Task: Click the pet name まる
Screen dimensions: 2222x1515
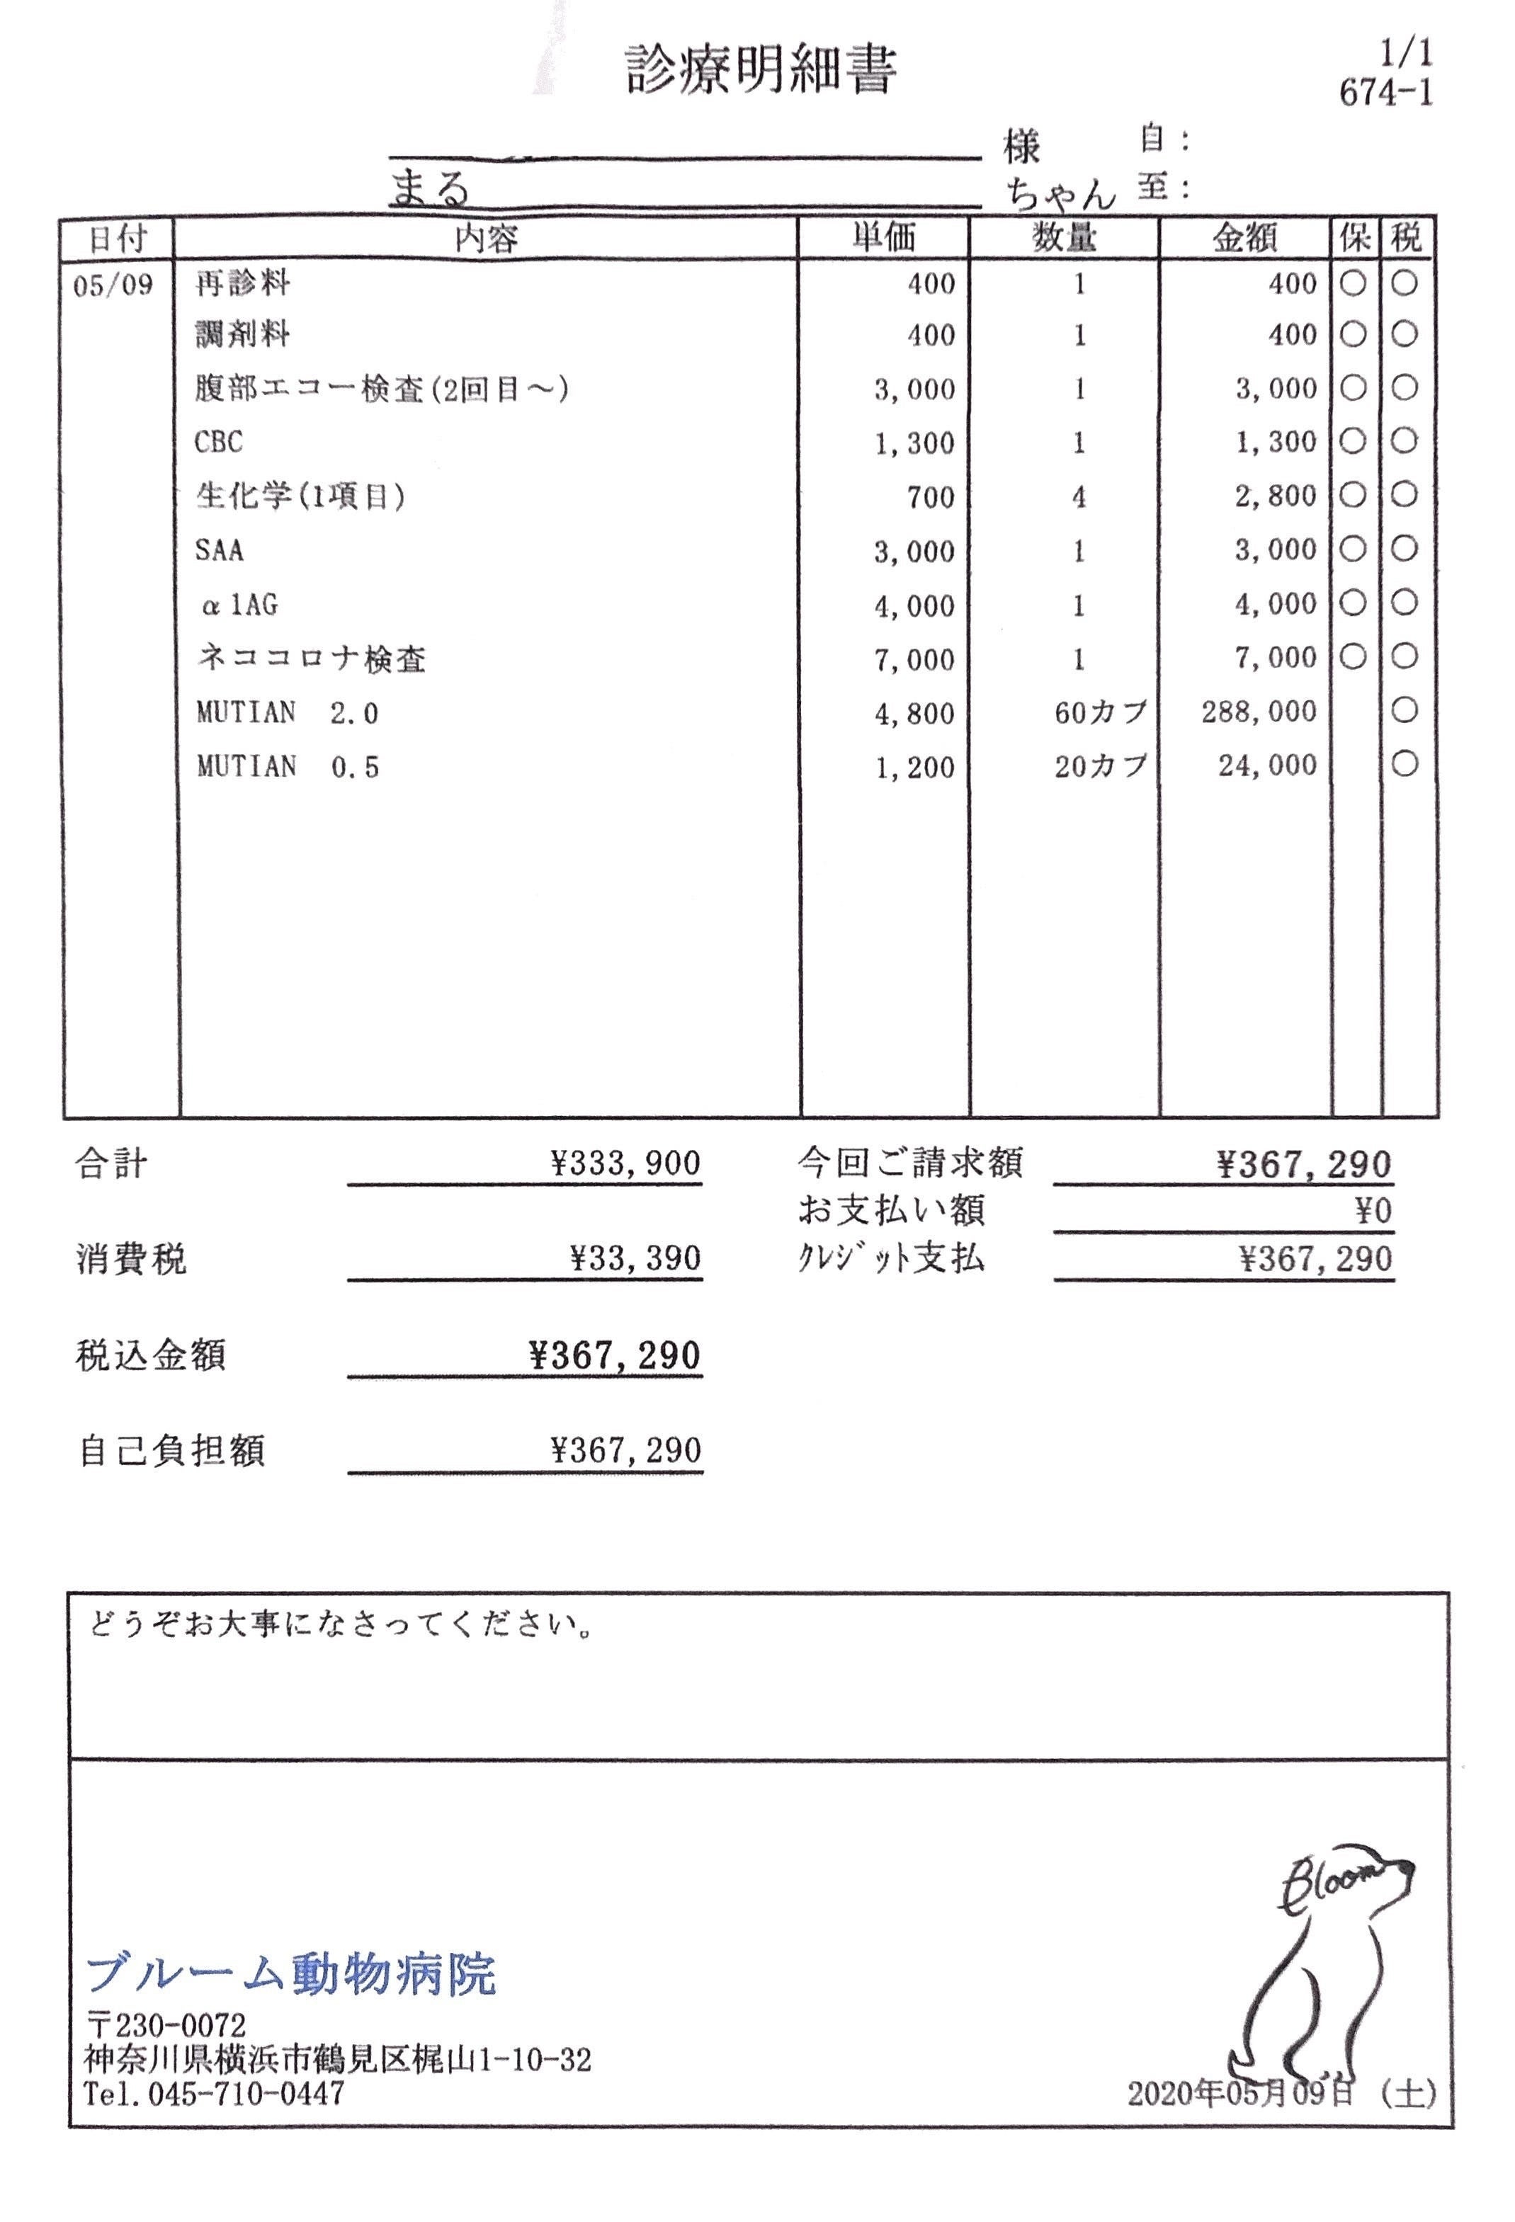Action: pyautogui.click(x=431, y=188)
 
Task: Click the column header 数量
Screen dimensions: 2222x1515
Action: pyautogui.click(x=1064, y=237)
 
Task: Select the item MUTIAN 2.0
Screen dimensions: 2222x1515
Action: pyautogui.click(x=287, y=713)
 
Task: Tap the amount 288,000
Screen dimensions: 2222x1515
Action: pyautogui.click(x=1259, y=712)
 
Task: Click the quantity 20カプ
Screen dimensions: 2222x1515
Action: pyautogui.click(x=1100, y=767)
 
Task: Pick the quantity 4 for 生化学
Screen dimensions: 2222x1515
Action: pyautogui.click(x=1079, y=497)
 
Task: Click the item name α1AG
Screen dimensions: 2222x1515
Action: pyautogui.click(x=239, y=605)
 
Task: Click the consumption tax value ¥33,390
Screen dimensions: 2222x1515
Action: pyautogui.click(x=636, y=1258)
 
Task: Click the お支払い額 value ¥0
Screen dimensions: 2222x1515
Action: pyautogui.click(x=1373, y=1212)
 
